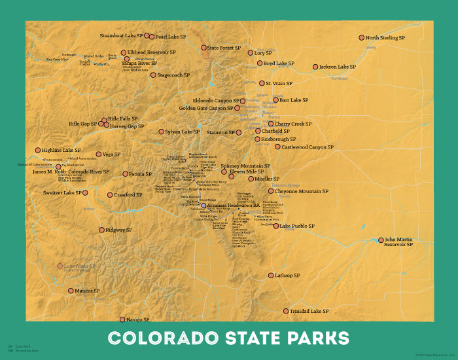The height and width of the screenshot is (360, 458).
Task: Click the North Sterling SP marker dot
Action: (361, 38)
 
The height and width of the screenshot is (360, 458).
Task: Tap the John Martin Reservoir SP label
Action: (399, 242)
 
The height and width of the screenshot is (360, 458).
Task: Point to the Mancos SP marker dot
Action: (71, 291)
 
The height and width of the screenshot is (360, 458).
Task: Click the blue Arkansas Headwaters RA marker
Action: (203, 206)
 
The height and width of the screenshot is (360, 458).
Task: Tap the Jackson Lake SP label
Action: (338, 67)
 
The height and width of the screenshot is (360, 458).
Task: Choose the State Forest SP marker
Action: (203, 48)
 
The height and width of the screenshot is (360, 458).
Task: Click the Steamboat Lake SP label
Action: (121, 36)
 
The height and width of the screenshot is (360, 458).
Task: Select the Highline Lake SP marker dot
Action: (38, 150)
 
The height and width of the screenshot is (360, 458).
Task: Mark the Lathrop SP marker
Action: (270, 276)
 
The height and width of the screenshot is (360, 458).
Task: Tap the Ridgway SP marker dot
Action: (101, 230)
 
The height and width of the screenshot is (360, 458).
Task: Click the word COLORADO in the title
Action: (163, 338)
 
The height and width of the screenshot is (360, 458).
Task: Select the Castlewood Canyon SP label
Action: (309, 147)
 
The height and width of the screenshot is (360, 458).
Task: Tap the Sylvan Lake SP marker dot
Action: (161, 132)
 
